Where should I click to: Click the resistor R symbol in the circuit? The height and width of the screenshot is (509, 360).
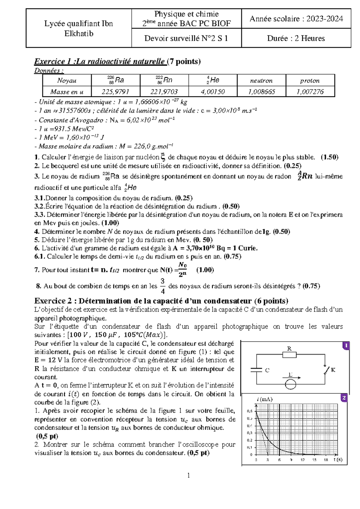289,355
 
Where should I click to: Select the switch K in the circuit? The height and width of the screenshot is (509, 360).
326,370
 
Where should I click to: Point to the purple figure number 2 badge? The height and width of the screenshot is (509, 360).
344,398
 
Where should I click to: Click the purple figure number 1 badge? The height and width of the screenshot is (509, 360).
346,346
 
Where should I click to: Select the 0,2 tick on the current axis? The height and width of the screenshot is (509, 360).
250,440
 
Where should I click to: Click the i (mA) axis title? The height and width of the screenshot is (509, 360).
265,399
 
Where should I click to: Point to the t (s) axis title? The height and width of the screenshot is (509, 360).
338,459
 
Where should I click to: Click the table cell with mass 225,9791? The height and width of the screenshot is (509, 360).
115,92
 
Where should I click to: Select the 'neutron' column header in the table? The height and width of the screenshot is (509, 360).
261,80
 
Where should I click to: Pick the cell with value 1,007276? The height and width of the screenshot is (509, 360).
310,92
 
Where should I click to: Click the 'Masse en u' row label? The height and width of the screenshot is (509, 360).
67,92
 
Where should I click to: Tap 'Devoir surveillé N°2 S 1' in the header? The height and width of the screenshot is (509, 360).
186,38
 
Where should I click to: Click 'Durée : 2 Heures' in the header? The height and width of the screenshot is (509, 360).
296,38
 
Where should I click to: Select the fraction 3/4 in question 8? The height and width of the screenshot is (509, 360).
163,286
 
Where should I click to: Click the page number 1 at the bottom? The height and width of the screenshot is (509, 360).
188,475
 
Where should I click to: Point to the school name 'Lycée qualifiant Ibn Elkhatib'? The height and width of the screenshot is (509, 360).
79,28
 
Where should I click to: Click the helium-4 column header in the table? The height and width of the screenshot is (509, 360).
213,80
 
